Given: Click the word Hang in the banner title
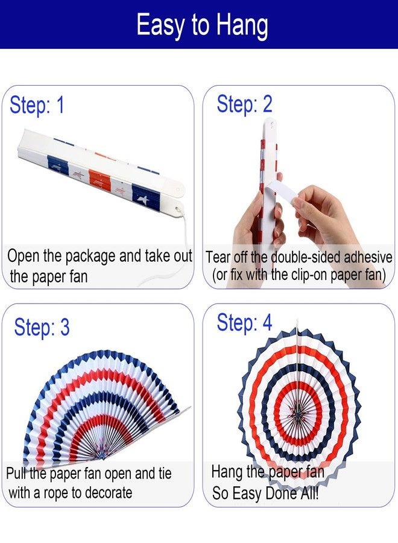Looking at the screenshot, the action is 242,25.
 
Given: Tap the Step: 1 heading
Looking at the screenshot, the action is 37,105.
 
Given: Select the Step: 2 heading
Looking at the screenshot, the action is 244,104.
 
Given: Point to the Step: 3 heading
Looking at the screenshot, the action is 42,327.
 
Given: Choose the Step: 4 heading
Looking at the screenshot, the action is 244,323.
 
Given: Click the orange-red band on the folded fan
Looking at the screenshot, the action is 99,181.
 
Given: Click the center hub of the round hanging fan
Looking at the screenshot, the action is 297,411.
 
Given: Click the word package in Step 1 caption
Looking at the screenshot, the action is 90,256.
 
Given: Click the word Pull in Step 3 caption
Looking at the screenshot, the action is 16,474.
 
